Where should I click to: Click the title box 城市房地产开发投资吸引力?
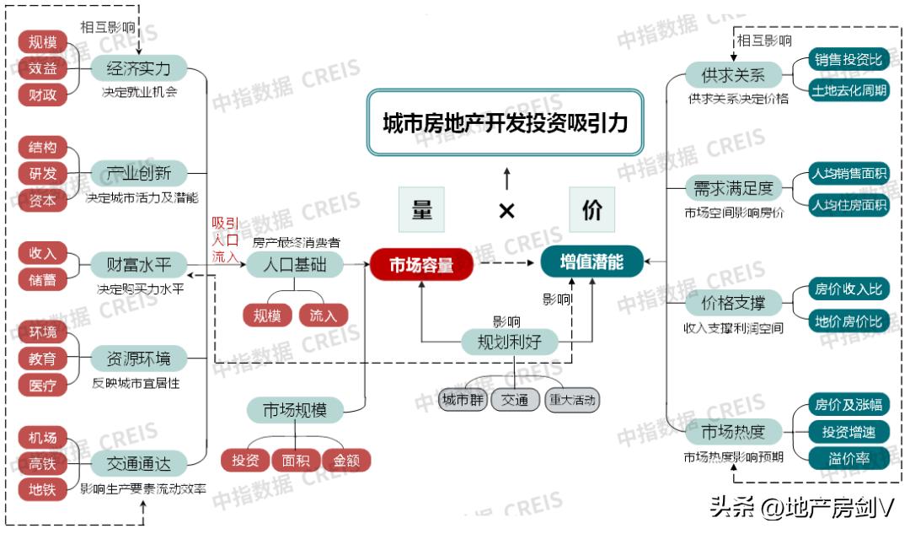pyautogui.click(x=506, y=123)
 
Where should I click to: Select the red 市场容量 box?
pyautogui.click(x=421, y=265)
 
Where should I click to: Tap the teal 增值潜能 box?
pyautogui.click(x=591, y=262)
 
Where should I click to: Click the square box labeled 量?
pyautogui.click(x=421, y=210)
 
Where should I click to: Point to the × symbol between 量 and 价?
pyautogui.click(x=506, y=211)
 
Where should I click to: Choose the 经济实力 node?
pyautogui.click(x=139, y=68)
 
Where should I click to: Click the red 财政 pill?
pyautogui.click(x=42, y=94)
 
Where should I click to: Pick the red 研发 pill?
pyautogui.click(x=42, y=174)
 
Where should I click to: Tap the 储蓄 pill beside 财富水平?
pyautogui.click(x=42, y=279)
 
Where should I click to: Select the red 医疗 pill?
pyautogui.click(x=42, y=386)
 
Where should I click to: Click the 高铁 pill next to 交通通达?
pyautogui.click(x=42, y=463)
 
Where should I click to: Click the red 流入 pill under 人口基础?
pyautogui.click(x=323, y=316)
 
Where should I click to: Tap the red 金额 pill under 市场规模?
pyautogui.click(x=346, y=461)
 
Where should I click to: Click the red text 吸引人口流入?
pyautogui.click(x=225, y=240)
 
